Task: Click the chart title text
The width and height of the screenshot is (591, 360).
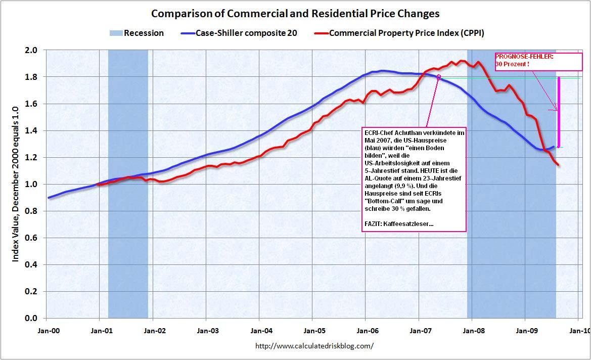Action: (295, 14)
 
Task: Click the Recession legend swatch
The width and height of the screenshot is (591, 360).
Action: (115, 33)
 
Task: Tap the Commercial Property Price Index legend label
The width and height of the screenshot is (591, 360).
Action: (407, 33)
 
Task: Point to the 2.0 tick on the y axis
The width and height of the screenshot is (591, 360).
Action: (31, 50)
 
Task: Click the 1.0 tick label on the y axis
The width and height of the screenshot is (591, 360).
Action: (31, 184)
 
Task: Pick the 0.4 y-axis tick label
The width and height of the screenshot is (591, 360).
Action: (31, 264)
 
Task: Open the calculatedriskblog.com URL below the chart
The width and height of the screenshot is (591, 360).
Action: (314, 346)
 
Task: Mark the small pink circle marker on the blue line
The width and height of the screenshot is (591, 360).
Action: (438, 77)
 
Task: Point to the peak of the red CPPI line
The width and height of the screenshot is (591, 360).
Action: (461, 61)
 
